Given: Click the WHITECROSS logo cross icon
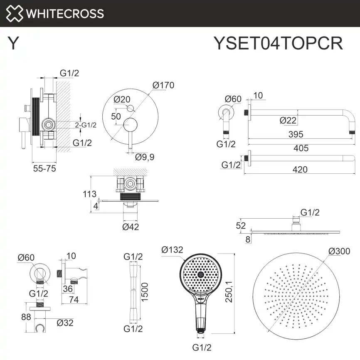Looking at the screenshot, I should pyautogui.click(x=15, y=13).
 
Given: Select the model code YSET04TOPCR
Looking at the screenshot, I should pyautogui.click(x=278, y=43).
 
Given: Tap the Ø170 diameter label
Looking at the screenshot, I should pyautogui.click(x=163, y=85).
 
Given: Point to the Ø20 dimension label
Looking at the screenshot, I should pyautogui.click(x=122, y=99).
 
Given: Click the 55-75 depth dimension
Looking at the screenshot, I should pyautogui.click(x=44, y=168).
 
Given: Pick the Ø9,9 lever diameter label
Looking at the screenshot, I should pyautogui.click(x=145, y=157).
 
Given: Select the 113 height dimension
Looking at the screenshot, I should pyautogui.click(x=89, y=194).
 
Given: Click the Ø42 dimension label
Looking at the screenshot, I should pyautogui.click(x=131, y=227).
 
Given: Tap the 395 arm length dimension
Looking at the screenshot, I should pyautogui.click(x=296, y=134).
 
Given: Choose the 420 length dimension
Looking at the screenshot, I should pyautogui.click(x=300, y=169).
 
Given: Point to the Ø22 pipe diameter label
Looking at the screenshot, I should pyautogui.click(x=288, y=121).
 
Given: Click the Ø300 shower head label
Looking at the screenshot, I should pyautogui.click(x=338, y=251).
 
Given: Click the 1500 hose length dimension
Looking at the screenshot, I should pyautogui.click(x=145, y=293).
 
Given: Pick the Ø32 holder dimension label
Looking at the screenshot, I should pyautogui.click(x=65, y=322).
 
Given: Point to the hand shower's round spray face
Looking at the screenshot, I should pyautogui.click(x=200, y=274).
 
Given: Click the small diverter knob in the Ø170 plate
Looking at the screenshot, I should pyautogui.click(x=130, y=108).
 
